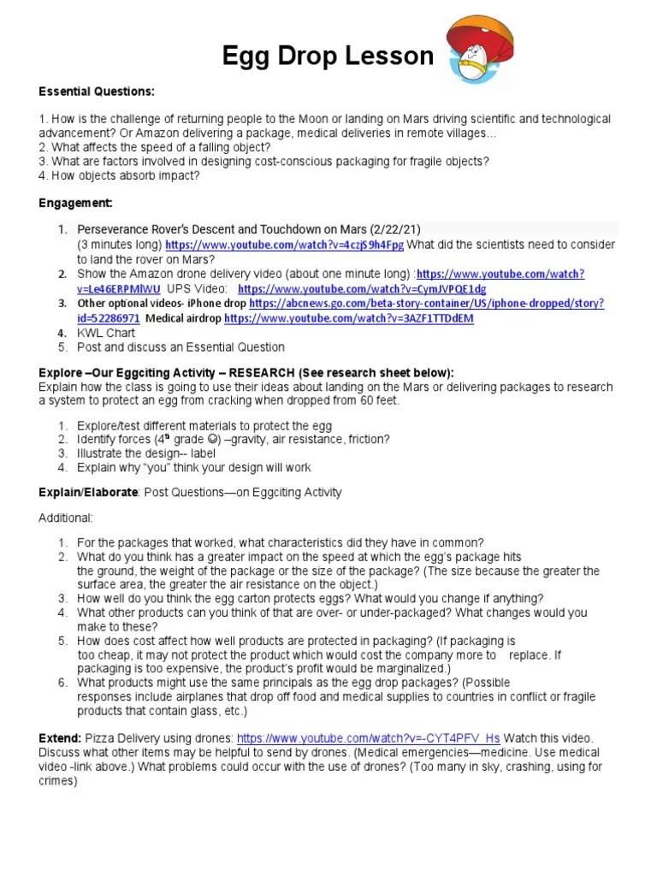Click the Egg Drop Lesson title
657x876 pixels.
(x=328, y=56)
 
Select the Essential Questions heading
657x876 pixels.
(x=97, y=92)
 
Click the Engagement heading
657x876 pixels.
(x=76, y=203)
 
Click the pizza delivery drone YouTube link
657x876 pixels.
(x=368, y=738)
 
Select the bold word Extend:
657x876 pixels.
(x=60, y=738)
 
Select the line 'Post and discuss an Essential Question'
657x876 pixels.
(x=181, y=347)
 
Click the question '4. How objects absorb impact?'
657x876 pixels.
(x=119, y=175)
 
